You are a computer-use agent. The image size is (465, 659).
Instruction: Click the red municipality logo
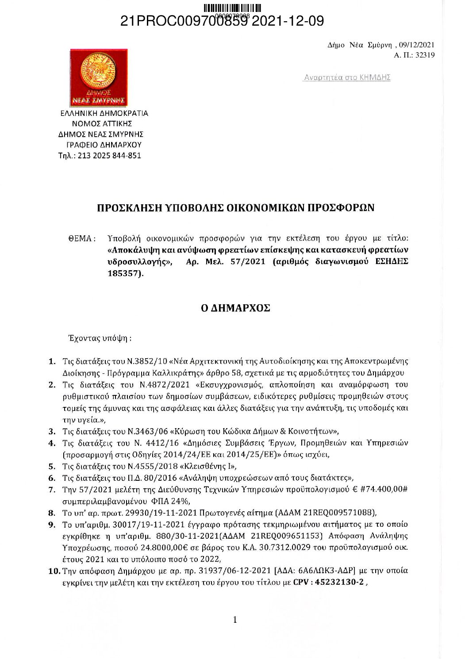tap(99, 77)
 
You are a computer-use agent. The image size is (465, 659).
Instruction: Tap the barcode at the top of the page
tap(232, 8)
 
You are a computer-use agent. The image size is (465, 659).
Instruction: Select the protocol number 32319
tap(425, 55)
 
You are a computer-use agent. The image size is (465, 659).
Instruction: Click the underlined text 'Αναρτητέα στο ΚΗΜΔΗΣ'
tap(347, 77)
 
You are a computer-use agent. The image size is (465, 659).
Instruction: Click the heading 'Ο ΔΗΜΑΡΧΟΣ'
tap(235, 308)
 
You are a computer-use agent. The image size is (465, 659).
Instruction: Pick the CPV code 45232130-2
tap(339, 582)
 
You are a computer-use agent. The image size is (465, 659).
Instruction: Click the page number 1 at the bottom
tap(235, 620)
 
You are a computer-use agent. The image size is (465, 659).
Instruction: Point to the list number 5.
tap(52, 466)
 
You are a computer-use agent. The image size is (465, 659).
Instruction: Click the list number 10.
tap(54, 571)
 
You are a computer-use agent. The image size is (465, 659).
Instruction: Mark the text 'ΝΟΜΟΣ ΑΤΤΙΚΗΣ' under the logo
tap(102, 123)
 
